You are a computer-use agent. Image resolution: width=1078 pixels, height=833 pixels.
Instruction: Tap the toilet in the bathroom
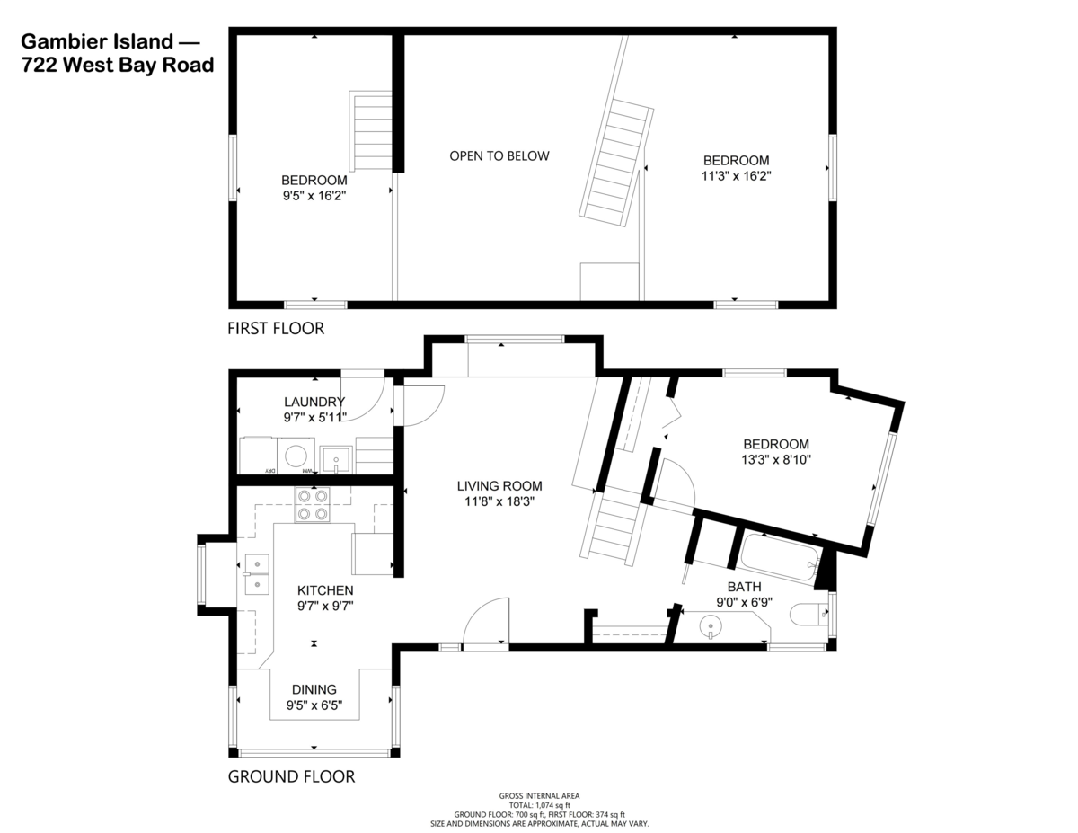(x=805, y=615)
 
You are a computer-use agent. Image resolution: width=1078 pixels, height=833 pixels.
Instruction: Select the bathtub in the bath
(x=778, y=557)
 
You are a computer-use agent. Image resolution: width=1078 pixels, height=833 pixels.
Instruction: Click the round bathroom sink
(x=711, y=625)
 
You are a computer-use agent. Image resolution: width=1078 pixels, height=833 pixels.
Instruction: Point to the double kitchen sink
(x=257, y=574)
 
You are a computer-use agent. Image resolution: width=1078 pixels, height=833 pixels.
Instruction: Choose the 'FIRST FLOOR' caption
(x=276, y=329)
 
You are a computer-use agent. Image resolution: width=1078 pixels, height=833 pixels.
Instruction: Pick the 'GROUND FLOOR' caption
(x=291, y=776)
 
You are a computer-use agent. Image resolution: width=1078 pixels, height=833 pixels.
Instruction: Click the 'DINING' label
(x=314, y=689)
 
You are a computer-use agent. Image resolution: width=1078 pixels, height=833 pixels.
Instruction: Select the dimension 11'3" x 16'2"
(x=736, y=176)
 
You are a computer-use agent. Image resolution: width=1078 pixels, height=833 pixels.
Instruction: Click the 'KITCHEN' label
(x=325, y=590)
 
